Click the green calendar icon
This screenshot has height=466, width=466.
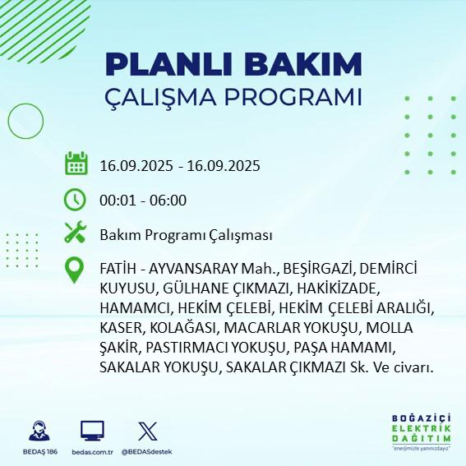point(76,164)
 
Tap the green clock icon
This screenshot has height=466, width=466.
point(76,200)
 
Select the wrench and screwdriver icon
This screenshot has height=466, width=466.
point(76,234)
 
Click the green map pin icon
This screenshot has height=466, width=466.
point(76,271)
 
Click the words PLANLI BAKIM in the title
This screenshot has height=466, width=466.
point(233,64)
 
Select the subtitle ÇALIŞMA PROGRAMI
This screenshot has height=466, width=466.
point(233,96)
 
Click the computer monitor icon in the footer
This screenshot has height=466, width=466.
point(92,430)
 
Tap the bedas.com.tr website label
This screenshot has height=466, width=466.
point(92,452)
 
